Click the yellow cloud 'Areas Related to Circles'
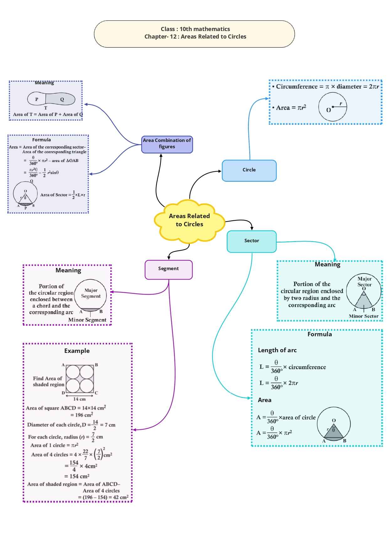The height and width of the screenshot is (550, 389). (x=189, y=220)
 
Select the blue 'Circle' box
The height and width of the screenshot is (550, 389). (x=249, y=170)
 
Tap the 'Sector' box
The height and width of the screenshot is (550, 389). (x=252, y=241)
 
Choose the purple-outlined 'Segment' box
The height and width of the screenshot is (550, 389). (x=169, y=270)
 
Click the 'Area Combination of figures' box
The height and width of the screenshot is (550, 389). (x=167, y=144)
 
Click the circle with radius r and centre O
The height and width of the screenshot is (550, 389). (x=333, y=107)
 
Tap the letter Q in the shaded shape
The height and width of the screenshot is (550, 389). (x=62, y=99)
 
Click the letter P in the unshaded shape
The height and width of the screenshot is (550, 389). (x=37, y=99)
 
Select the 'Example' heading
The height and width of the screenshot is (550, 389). (x=77, y=351)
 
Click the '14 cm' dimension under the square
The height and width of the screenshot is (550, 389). (x=80, y=399)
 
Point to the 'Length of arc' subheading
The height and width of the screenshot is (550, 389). (x=277, y=350)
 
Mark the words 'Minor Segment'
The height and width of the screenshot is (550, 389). (x=87, y=320)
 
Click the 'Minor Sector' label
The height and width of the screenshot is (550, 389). (x=364, y=316)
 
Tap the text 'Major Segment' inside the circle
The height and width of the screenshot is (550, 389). (x=91, y=293)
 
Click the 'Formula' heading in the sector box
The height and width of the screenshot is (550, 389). (x=319, y=334)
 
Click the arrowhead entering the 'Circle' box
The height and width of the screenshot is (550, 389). (x=220, y=171)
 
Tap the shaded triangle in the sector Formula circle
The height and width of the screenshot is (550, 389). (x=334, y=432)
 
